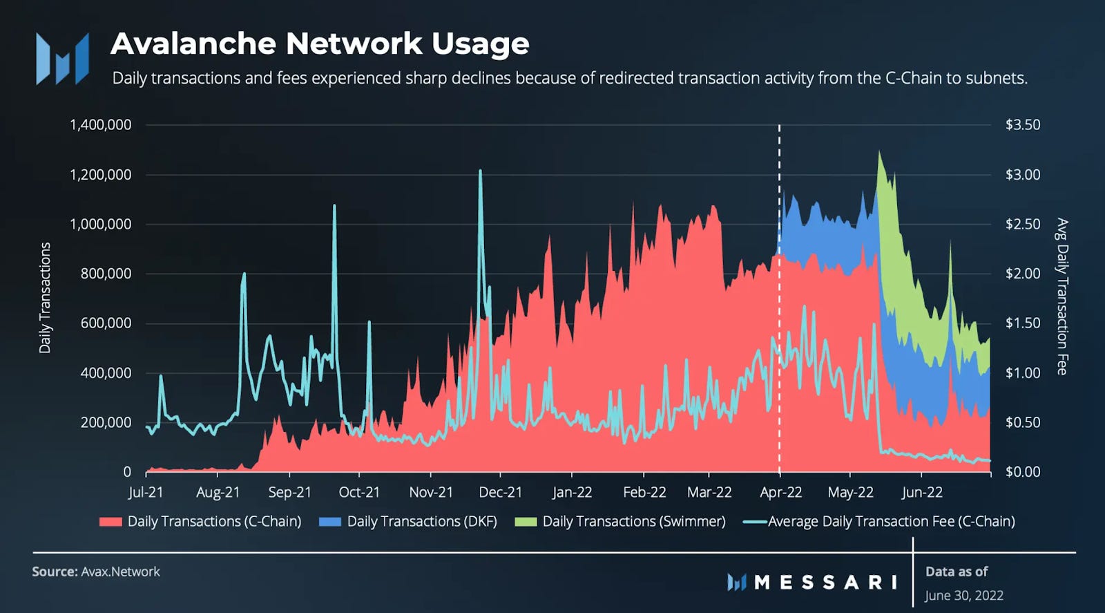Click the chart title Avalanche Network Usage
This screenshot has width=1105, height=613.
(320, 44)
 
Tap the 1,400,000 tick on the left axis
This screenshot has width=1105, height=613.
(100, 125)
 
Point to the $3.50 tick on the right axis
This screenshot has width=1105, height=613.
(1022, 125)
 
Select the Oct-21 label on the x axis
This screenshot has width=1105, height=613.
(359, 492)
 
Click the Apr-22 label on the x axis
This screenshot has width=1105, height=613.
(780, 492)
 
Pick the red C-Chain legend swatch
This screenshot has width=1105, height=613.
(110, 522)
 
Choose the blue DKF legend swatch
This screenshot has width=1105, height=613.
(330, 522)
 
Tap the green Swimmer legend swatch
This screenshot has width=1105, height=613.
(526, 522)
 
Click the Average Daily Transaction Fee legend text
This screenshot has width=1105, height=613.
(891, 522)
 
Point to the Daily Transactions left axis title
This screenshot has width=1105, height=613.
(45, 298)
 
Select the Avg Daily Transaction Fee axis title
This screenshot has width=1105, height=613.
(1062, 297)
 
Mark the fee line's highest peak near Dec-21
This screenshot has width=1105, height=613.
(480, 171)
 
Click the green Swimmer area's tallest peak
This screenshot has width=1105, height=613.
(879, 153)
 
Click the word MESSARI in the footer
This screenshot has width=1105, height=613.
(825, 582)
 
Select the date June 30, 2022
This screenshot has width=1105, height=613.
(964, 595)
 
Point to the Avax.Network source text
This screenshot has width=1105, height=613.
(120, 572)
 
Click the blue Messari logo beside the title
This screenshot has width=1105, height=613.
(62, 59)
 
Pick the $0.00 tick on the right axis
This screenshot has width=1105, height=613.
(1022, 472)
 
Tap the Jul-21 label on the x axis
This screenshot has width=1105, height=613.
(146, 492)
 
